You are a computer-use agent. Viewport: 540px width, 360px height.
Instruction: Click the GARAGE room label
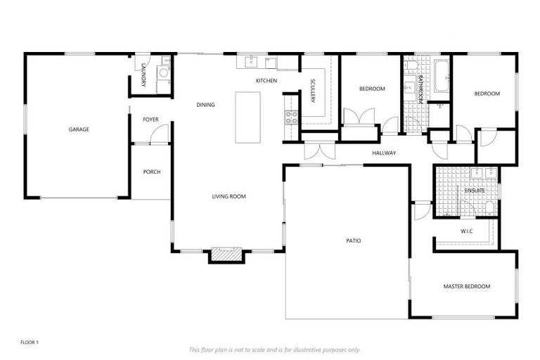click(79, 129)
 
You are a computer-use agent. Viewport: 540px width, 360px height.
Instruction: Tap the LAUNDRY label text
click(143, 75)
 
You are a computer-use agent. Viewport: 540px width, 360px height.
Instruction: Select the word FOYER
click(150, 120)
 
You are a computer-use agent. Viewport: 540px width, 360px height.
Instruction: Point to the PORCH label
click(152, 172)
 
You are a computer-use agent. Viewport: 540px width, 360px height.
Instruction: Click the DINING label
click(205, 105)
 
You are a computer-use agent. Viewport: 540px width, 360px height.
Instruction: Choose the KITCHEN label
click(266, 81)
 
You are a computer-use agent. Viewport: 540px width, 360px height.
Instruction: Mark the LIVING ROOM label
click(229, 197)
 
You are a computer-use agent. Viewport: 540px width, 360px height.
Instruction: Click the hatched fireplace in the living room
click(226, 255)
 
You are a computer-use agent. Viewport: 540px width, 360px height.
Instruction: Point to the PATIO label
click(353, 240)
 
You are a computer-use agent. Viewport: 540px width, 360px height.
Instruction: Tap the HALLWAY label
click(384, 153)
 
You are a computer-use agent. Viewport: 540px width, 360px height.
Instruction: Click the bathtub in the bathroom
click(441, 77)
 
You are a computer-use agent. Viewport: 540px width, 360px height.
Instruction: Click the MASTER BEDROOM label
click(466, 286)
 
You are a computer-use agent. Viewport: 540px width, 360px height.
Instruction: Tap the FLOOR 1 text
click(30, 342)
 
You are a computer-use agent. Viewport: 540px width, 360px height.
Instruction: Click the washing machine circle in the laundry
click(163, 72)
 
